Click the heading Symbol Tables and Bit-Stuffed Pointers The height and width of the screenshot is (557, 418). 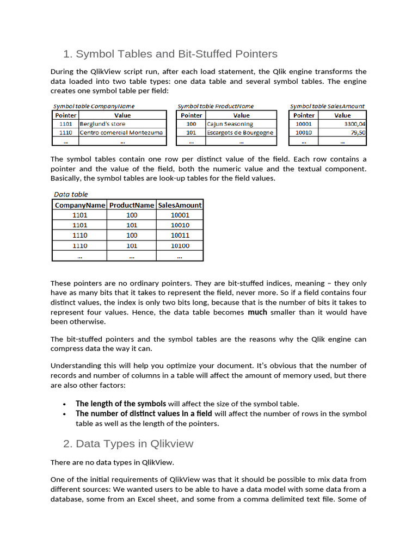(x=170, y=54)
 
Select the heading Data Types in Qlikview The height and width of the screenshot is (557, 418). (x=128, y=443)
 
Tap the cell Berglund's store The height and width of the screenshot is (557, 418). (x=102, y=124)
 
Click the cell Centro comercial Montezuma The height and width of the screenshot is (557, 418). (x=121, y=133)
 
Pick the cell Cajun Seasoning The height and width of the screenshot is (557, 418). (x=230, y=124)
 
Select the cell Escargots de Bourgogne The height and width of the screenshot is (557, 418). (x=240, y=133)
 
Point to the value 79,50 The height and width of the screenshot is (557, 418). (x=358, y=133)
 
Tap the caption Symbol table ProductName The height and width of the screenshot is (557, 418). (x=216, y=107)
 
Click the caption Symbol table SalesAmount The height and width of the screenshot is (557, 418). (x=327, y=107)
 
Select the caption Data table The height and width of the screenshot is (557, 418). (x=71, y=194)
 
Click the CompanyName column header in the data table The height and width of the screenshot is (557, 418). (x=80, y=205)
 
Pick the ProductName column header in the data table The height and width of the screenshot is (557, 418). (x=132, y=205)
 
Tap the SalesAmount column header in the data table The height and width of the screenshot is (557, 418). (x=180, y=205)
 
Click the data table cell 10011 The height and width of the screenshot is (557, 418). (x=180, y=236)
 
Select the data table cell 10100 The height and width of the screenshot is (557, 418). (x=180, y=246)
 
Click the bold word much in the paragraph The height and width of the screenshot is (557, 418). (x=257, y=312)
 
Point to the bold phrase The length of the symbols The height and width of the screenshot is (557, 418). (x=121, y=404)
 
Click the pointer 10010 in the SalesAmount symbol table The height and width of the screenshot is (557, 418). (x=304, y=133)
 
